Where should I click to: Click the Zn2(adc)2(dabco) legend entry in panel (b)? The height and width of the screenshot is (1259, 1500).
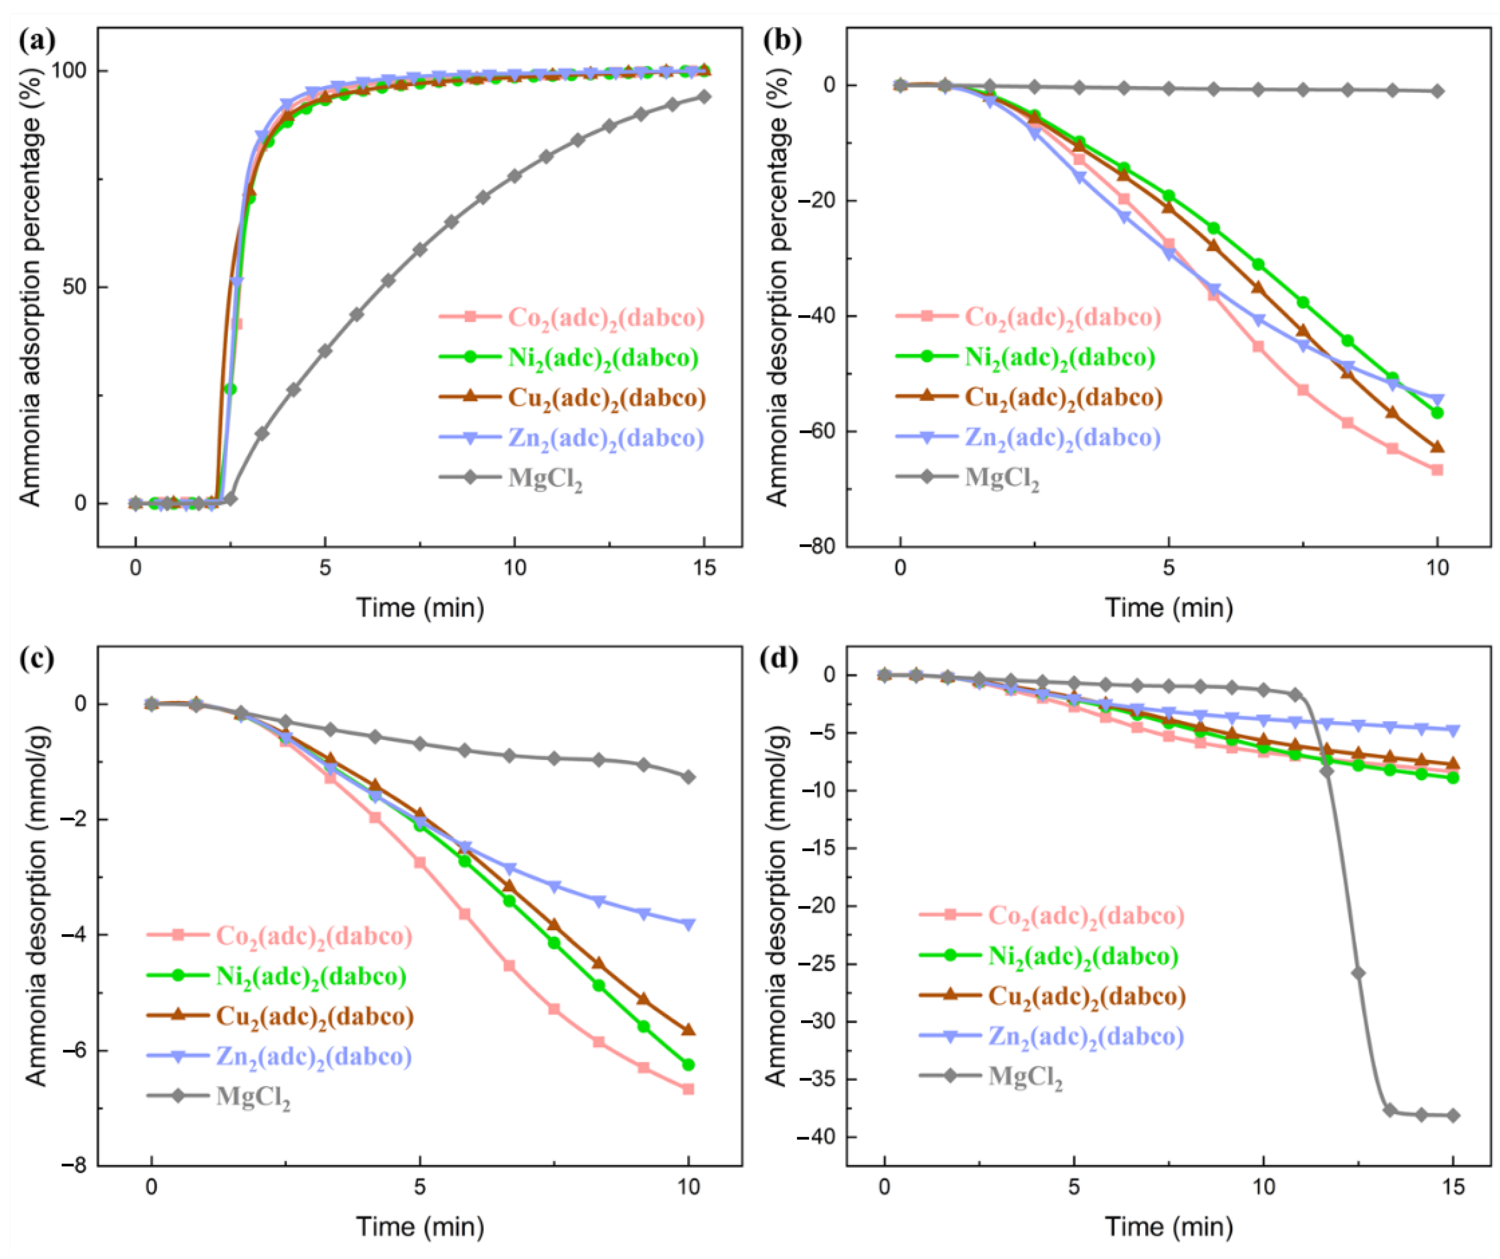coord(1062,437)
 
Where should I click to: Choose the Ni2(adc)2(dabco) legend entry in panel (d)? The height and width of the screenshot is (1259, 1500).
coord(1083,956)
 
